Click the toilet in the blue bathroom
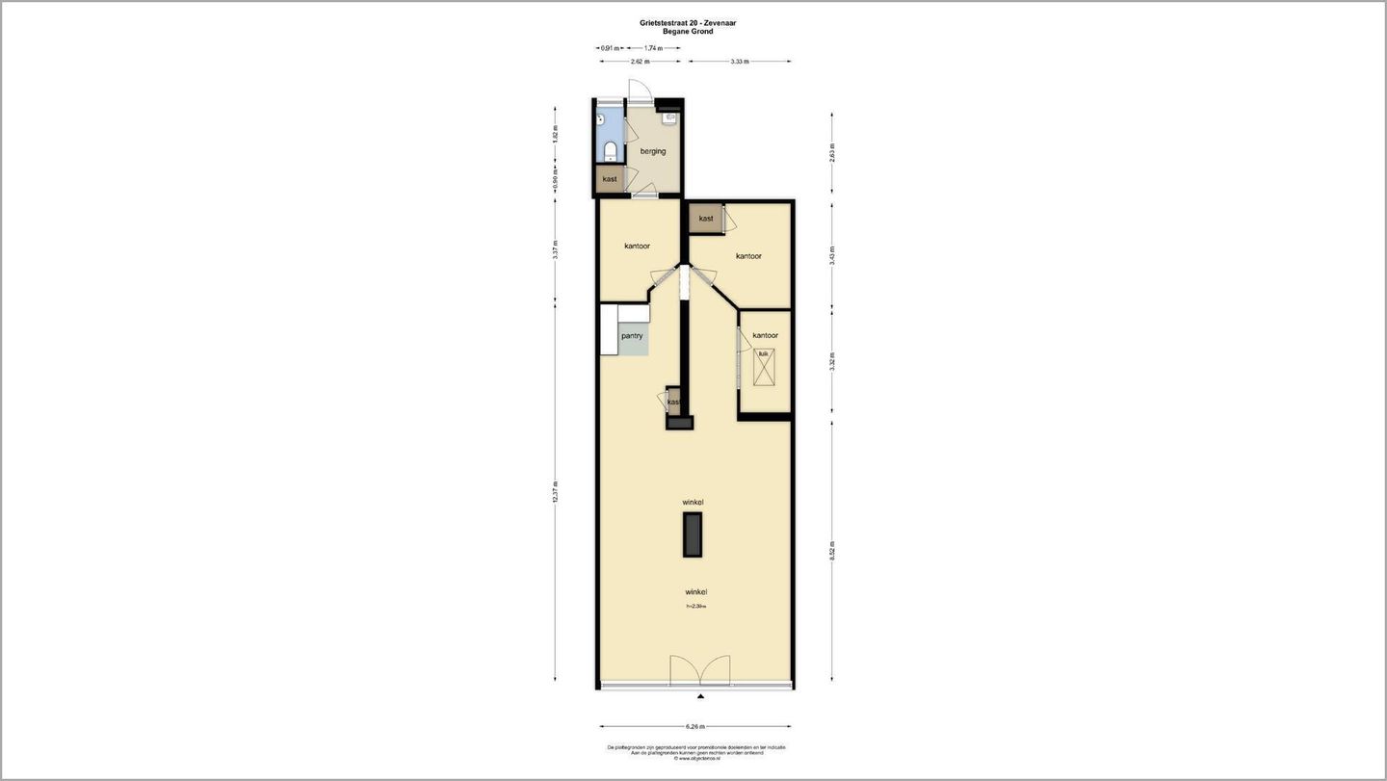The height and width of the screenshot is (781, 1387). (610, 151)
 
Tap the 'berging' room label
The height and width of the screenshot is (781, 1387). (653, 151)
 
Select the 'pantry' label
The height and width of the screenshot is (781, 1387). (632, 336)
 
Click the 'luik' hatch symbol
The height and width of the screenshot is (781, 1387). (764, 367)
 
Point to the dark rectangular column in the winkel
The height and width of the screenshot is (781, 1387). (693, 534)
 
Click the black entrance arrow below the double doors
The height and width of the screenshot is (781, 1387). (701, 695)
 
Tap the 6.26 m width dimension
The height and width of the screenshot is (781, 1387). (695, 726)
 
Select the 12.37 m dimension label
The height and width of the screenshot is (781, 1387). (556, 491)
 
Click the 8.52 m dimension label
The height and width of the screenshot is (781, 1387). (832, 550)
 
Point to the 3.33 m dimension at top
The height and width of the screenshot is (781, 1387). (740, 62)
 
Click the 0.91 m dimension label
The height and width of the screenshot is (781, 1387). (610, 47)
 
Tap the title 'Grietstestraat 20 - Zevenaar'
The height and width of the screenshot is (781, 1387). (688, 22)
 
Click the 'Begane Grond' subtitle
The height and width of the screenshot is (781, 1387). (688, 32)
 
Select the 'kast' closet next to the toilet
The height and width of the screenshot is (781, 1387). (610, 179)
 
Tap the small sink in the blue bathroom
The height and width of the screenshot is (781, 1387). (601, 120)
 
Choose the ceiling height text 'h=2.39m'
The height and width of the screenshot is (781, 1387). (695, 606)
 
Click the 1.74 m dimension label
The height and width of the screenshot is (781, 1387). (652, 47)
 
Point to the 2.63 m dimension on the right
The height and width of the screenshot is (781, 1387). (832, 153)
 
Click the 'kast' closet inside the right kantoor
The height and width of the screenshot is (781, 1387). (706, 219)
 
